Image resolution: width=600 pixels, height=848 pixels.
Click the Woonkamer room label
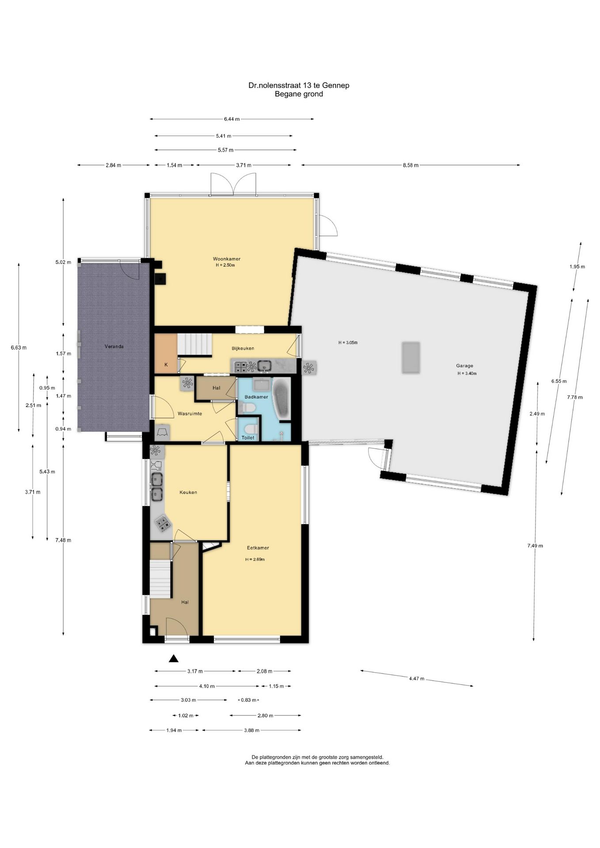[x=226, y=259]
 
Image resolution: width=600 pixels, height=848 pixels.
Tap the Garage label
[x=464, y=366]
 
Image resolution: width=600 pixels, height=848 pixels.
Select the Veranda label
[x=114, y=347]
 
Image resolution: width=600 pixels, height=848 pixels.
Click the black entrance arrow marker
[x=174, y=659]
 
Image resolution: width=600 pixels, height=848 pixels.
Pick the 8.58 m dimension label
[x=410, y=165]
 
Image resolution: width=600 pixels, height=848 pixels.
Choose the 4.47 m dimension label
[x=416, y=678]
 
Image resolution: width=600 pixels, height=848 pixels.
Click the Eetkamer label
[x=258, y=548]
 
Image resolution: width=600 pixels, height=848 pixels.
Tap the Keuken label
[x=188, y=492]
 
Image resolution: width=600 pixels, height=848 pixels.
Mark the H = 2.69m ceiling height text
[x=255, y=560]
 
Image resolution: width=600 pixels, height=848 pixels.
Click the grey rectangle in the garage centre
[x=410, y=357]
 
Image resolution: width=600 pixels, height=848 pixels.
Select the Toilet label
[x=248, y=438]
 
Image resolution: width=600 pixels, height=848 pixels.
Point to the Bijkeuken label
[x=243, y=348]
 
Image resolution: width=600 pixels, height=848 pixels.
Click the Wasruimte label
[x=190, y=414]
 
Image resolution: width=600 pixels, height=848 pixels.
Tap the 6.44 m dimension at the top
[x=232, y=119]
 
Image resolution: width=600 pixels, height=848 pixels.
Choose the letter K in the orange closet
[x=166, y=365]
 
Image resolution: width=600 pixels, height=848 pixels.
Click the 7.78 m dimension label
[x=575, y=397]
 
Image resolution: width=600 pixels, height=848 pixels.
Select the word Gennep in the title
[x=336, y=85]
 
